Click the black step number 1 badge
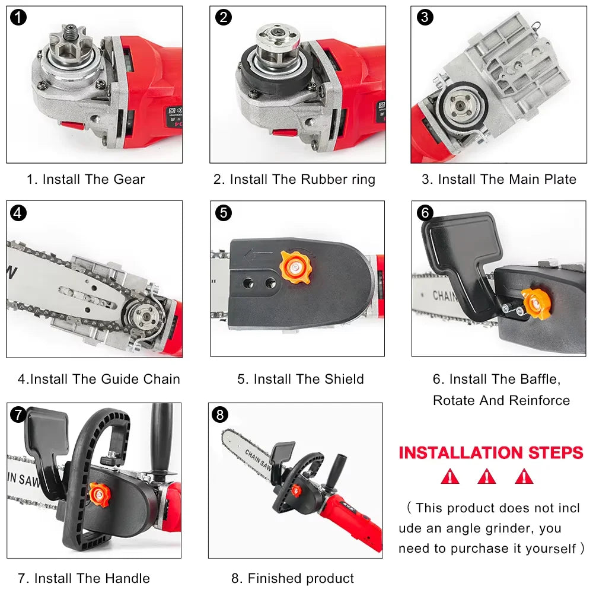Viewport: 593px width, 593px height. pyautogui.click(x=18, y=17)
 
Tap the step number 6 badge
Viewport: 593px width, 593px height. pyautogui.click(x=425, y=212)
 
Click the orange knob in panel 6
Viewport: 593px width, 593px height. pyautogui.click(x=536, y=304)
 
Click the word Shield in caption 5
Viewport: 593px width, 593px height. pyautogui.click(x=344, y=379)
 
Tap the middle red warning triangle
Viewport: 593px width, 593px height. pyautogui.click(x=486, y=476)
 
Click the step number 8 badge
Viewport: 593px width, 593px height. pyautogui.click(x=220, y=415)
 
